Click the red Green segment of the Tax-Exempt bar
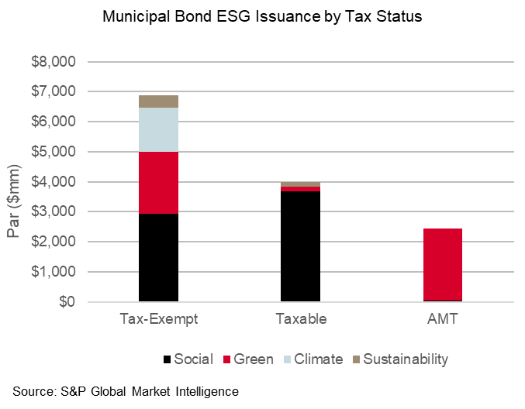point(159,182)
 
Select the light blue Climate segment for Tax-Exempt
point(159,129)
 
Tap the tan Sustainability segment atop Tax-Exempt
point(159,101)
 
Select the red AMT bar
point(443,264)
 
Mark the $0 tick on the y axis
point(70,302)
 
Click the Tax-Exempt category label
point(159,319)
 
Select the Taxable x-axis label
point(301,319)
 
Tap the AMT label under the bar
point(443,319)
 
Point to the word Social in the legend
point(193,359)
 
